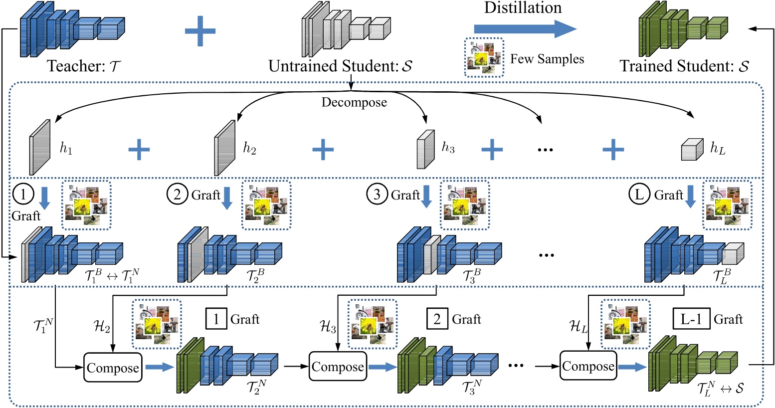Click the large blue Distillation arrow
tap(524, 29)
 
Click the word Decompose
tap(354, 102)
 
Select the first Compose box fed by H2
tap(113, 368)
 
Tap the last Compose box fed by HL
tap(588, 367)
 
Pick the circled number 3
tap(377, 195)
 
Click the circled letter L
tap(640, 195)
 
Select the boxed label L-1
tap(691, 319)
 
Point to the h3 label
tap(448, 147)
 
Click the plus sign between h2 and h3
tap(323, 149)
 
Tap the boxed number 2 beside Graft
tap(437, 319)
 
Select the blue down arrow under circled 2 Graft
tap(227, 198)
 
